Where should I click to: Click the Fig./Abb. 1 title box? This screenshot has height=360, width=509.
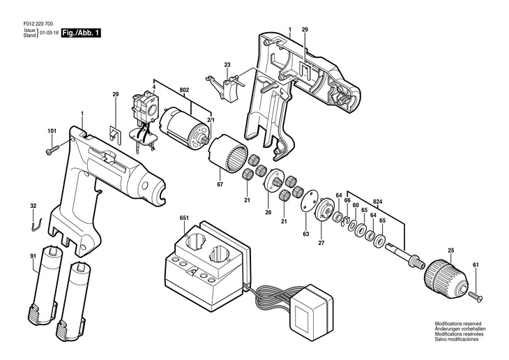click(x=81, y=33)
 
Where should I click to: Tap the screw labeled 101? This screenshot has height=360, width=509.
click(x=52, y=150)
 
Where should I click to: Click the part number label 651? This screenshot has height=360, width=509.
click(x=184, y=218)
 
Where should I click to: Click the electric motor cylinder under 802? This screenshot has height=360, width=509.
click(x=184, y=127)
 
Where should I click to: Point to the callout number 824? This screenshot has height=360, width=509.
click(x=377, y=202)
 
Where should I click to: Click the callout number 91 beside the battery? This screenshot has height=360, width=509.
click(x=33, y=256)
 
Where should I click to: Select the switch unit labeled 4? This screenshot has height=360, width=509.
click(x=145, y=123)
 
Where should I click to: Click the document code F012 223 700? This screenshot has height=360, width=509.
click(x=38, y=24)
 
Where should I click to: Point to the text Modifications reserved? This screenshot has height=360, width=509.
click(x=457, y=324)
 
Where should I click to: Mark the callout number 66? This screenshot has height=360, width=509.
click(x=347, y=200)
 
